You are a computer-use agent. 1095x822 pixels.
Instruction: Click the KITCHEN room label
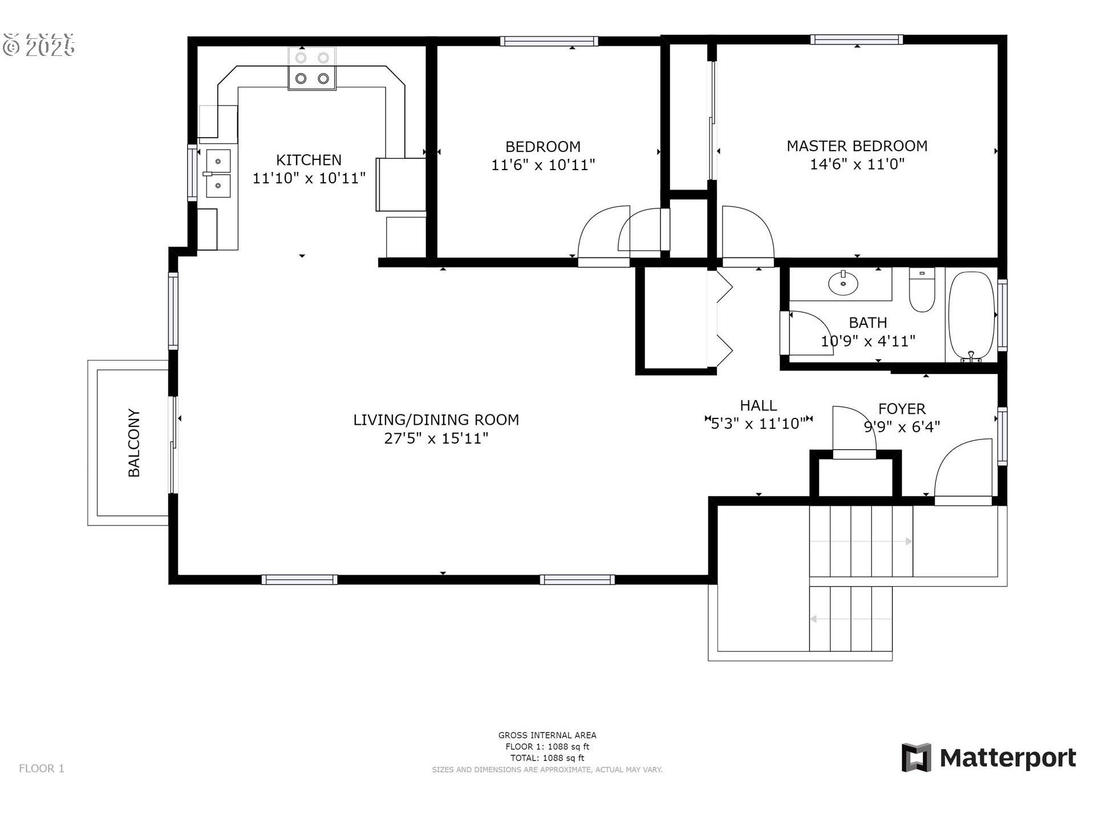[x=309, y=160]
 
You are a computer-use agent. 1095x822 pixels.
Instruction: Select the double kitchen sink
[x=218, y=173]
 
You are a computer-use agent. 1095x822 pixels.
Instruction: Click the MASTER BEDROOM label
[x=857, y=146]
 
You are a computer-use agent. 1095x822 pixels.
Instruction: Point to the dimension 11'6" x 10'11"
[x=543, y=165]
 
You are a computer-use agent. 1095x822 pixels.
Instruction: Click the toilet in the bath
[x=922, y=291]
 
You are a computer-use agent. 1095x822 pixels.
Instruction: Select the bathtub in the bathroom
[x=971, y=316]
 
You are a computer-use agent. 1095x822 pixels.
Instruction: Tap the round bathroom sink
[x=843, y=283]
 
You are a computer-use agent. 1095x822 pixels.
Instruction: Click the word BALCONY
[x=134, y=442]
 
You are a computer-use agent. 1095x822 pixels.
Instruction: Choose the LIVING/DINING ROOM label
[x=436, y=420]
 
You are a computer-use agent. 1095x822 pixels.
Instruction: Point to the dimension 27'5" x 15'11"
[x=436, y=438]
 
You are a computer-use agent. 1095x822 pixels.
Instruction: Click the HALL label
[x=758, y=406]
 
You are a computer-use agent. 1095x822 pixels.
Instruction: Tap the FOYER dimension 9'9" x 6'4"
[x=902, y=427]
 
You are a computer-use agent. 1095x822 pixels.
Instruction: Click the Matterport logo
[x=988, y=758]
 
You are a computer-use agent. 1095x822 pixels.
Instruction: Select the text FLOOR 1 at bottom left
[x=42, y=768]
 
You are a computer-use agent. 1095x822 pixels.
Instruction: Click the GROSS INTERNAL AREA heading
[x=547, y=735]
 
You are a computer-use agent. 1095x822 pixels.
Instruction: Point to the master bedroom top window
[x=857, y=40]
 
